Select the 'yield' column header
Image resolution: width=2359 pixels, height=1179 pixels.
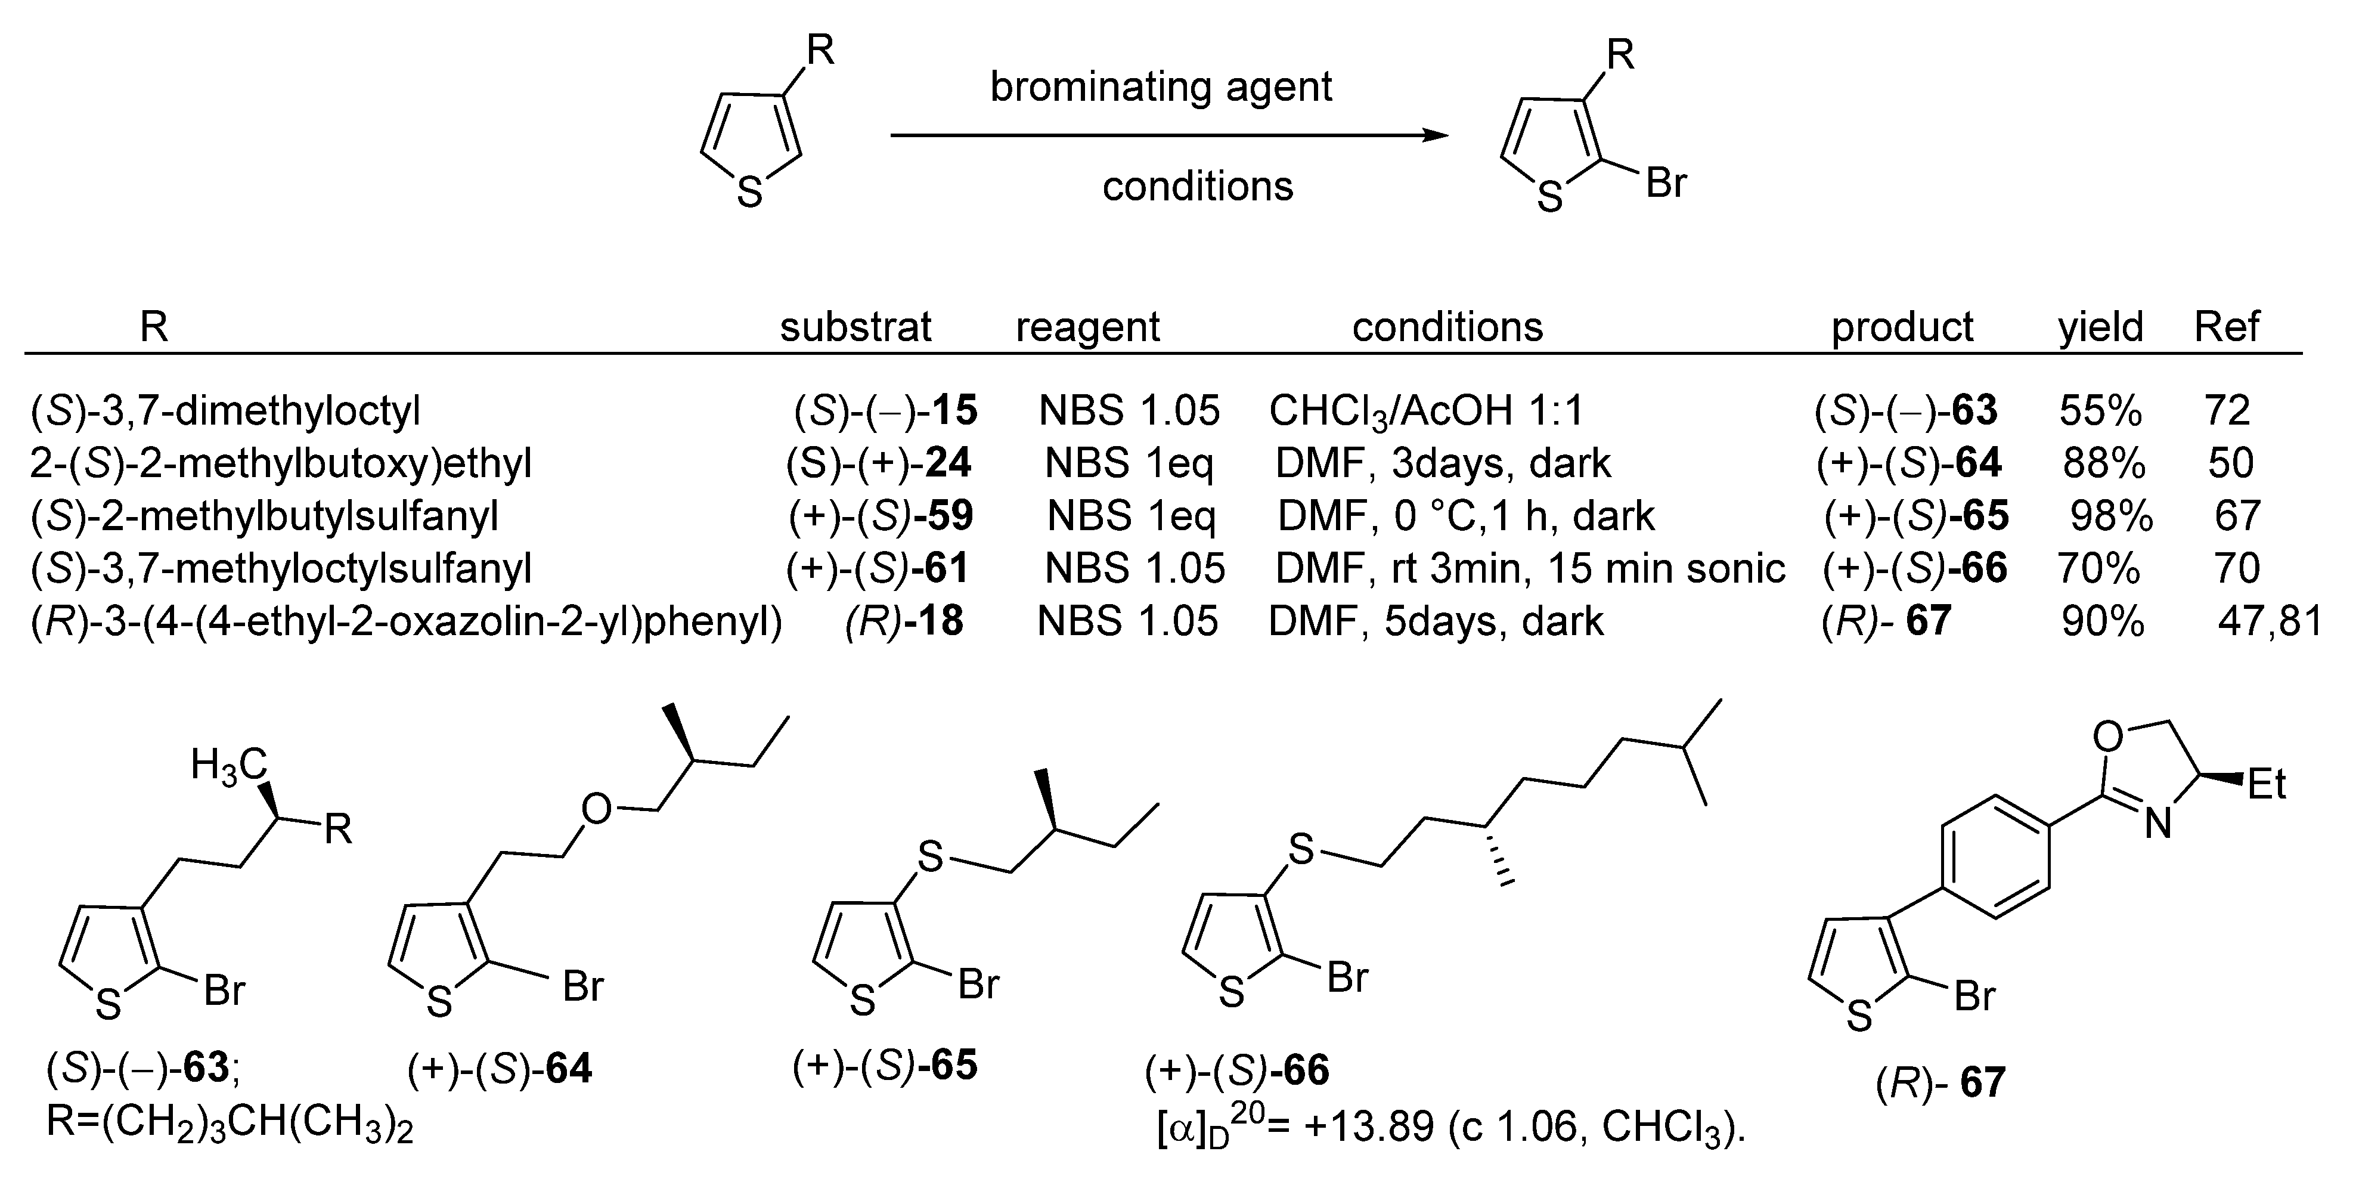click(2101, 326)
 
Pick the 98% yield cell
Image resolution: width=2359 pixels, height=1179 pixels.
click(2111, 516)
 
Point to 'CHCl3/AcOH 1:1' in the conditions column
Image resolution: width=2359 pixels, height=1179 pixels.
click(1426, 411)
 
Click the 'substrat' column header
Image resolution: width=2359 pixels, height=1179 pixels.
click(855, 326)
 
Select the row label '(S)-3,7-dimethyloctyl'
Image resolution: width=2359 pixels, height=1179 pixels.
click(225, 411)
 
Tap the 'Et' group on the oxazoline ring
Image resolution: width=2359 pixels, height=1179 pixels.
click(2267, 784)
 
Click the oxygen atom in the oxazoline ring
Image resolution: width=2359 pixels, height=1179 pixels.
click(2108, 736)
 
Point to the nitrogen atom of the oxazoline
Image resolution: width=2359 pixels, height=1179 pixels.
click(2159, 825)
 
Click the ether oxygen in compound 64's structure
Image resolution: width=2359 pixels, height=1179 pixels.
click(596, 809)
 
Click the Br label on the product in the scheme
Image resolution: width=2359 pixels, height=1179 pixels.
click(1666, 183)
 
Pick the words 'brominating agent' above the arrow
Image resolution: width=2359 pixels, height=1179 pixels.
click(1161, 87)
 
